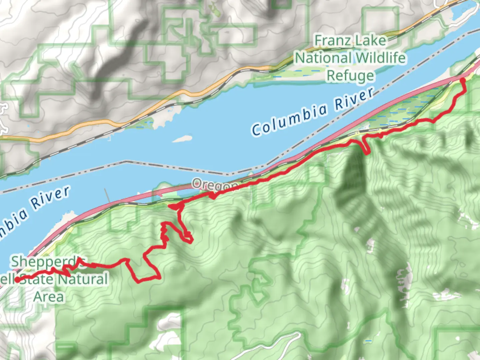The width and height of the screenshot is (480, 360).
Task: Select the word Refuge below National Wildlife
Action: (350, 76)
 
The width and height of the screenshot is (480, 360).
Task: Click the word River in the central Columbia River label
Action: (354, 99)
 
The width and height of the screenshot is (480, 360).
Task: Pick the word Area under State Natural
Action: (49, 296)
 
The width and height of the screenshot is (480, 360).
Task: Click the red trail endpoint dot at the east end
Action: (462, 80)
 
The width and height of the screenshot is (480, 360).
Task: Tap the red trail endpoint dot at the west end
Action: (16, 280)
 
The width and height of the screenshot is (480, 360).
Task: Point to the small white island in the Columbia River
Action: (182, 138)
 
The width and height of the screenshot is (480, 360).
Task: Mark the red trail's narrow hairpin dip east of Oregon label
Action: (366, 147)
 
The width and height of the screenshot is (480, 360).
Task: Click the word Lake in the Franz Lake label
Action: (370, 41)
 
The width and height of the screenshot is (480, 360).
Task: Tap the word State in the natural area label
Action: (37, 279)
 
